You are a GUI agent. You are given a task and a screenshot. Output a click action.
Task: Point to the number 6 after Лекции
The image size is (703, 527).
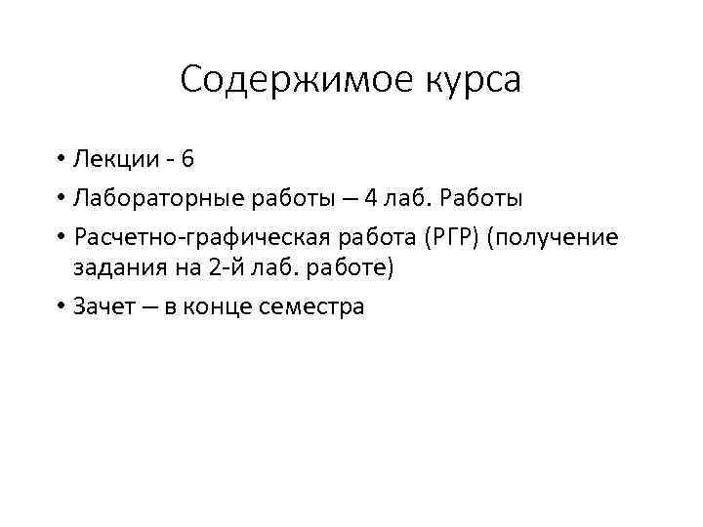187,157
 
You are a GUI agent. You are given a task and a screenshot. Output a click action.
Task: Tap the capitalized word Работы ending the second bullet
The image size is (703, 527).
483,199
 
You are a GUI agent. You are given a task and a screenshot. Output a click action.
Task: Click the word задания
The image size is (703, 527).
111,268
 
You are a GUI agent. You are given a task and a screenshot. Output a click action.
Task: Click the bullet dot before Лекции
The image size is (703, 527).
61,158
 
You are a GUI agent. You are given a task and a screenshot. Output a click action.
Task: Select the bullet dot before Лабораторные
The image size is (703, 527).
61,200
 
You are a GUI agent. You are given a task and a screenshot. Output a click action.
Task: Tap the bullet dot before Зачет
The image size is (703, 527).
61,307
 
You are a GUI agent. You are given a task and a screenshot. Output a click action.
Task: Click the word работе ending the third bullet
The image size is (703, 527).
350,268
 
